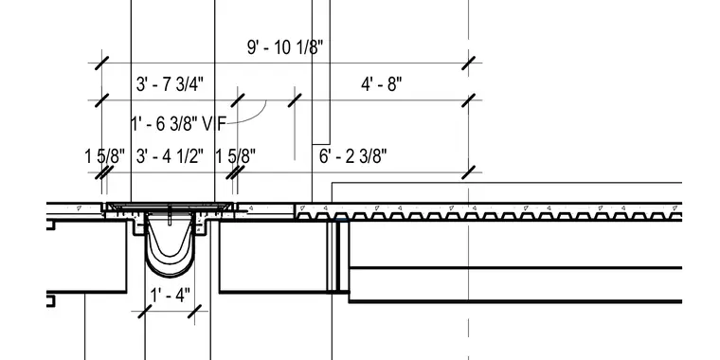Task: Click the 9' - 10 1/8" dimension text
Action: coord(285,47)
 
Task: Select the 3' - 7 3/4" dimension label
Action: coord(170,84)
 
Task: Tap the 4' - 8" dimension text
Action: coord(382,84)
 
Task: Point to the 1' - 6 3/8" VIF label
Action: coord(179,124)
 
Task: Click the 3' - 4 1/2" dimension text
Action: coord(170,156)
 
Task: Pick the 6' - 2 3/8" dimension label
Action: coord(353,156)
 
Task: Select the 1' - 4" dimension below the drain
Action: coord(170,296)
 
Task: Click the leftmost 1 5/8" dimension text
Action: coord(105,156)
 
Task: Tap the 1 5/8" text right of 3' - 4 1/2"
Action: coord(236,156)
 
